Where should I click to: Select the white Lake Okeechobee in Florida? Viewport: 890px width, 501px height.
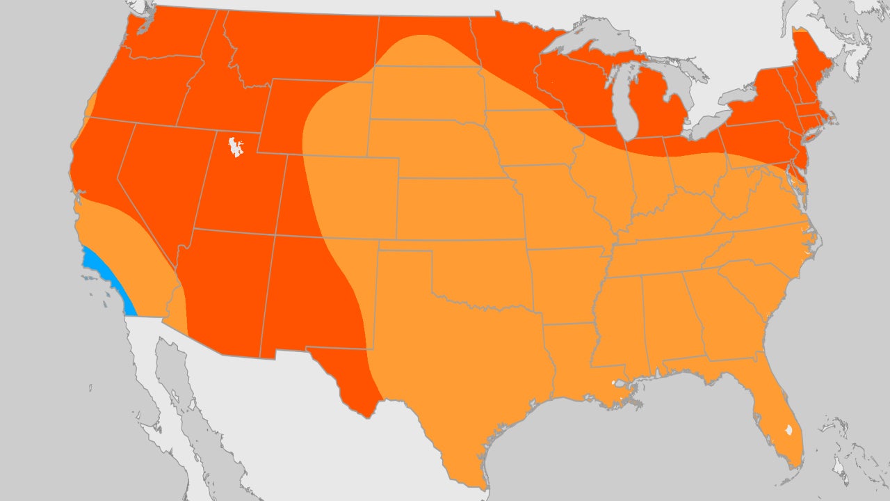click(788, 430)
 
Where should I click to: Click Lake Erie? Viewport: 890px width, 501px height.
click(702, 125)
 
